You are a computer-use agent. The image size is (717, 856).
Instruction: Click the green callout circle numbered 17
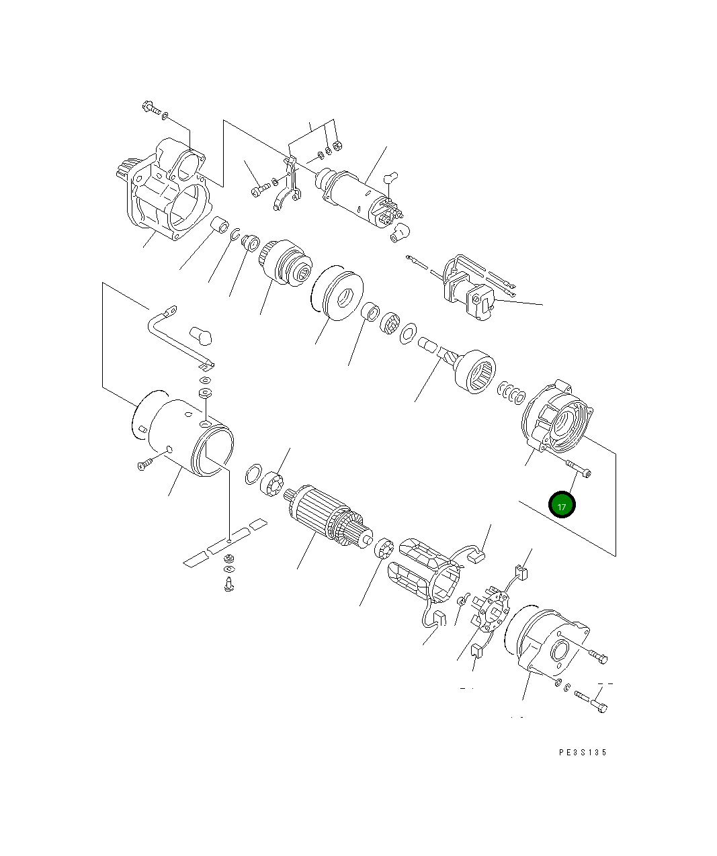coord(562,506)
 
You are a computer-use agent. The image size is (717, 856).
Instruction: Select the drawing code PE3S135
coord(582,753)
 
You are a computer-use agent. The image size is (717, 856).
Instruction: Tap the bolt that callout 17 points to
coord(578,469)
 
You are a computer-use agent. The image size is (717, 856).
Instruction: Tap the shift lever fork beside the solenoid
coord(288,187)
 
